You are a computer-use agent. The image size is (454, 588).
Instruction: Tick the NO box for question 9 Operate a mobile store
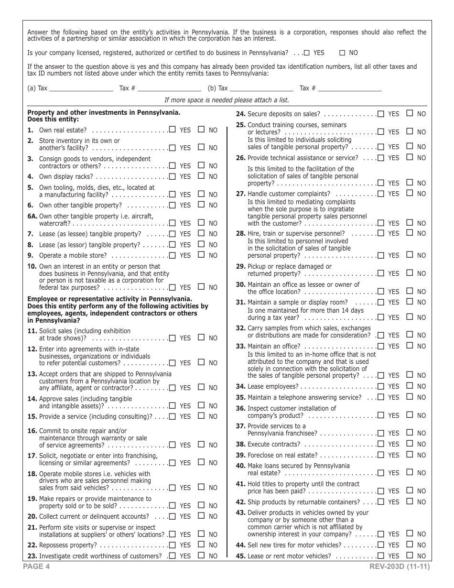coord(202,255)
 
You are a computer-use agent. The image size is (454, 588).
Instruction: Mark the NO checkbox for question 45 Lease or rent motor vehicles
coord(410,555)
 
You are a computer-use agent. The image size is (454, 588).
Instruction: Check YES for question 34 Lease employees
coord(381,386)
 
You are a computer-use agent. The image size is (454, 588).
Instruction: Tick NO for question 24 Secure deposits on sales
coord(410,114)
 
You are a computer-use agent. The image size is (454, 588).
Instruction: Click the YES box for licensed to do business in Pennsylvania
coord(307,53)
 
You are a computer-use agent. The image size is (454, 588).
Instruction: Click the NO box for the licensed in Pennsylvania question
coord(342,53)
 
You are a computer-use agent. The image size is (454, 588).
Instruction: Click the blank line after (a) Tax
coord(81,89)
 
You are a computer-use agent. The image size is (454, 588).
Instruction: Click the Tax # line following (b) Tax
coord(350,89)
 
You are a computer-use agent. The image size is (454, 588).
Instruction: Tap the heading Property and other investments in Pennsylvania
coord(104,113)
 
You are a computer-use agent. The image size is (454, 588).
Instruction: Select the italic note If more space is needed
coord(227,100)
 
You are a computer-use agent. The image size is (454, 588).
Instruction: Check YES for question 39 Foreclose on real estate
coord(381,455)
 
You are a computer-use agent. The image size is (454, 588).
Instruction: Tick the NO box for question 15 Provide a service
coord(202,416)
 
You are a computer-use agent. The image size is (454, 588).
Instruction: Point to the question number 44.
coord(240,545)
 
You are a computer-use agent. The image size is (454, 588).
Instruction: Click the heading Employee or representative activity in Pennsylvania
coord(109,299)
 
